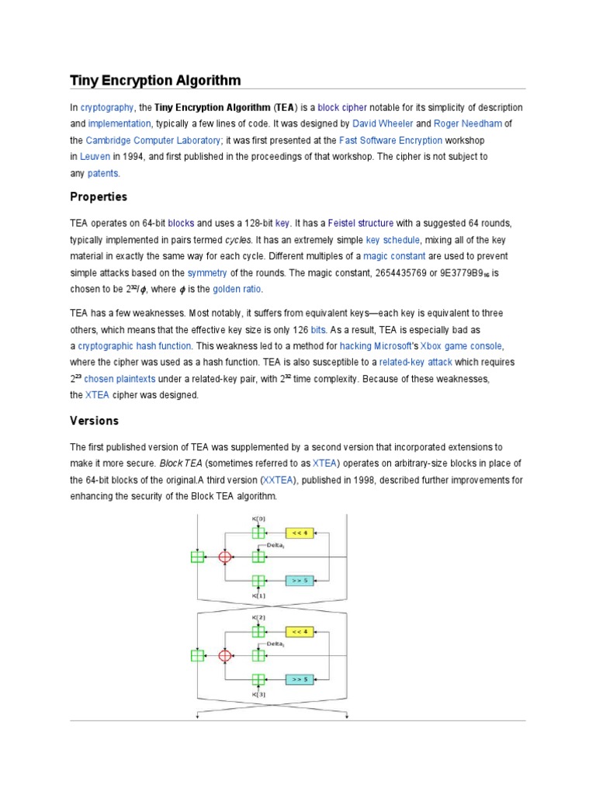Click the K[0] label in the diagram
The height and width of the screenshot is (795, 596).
tap(259, 519)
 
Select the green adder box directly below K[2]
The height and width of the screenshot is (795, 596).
tap(259, 631)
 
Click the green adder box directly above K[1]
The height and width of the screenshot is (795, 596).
tap(259, 580)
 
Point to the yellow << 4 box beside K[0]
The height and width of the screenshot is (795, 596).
tap(300, 533)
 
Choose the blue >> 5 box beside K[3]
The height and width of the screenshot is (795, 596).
tap(300, 679)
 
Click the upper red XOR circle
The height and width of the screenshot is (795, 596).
tap(225, 557)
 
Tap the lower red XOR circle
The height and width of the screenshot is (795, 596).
tap(225, 655)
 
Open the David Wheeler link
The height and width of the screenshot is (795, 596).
tap(383, 123)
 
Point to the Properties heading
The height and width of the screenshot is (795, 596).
tap(99, 196)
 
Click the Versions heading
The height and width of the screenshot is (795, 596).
tap(95, 421)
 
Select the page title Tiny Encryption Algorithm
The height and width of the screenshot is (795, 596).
tap(155, 80)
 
